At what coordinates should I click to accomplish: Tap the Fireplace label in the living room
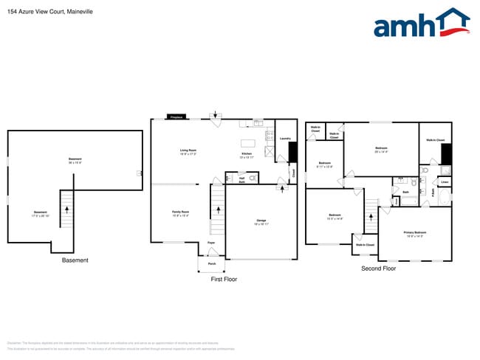176,117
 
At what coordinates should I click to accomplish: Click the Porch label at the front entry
211,263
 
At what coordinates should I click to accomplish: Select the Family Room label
180,213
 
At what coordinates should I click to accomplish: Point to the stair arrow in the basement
67,209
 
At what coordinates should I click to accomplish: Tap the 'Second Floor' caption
378,269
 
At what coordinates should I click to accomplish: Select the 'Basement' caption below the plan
75,260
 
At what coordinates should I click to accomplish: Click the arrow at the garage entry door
284,190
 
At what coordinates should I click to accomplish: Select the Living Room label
188,151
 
